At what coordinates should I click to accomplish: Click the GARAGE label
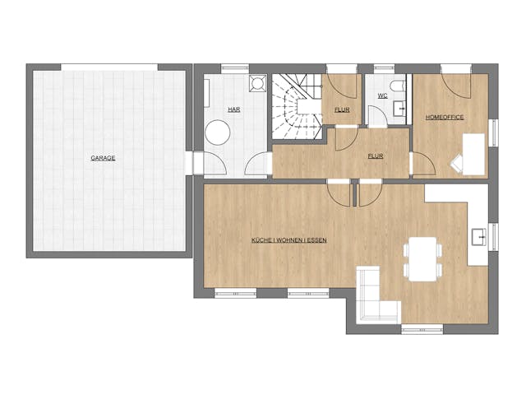(103, 157)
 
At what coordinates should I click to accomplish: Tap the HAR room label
(234, 109)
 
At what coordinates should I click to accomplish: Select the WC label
(382, 96)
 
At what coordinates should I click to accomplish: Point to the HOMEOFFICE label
(445, 117)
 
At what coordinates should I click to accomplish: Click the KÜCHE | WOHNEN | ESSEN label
(289, 240)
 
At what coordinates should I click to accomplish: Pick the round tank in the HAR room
(218, 132)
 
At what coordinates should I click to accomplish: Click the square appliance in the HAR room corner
(257, 83)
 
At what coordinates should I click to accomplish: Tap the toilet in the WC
(398, 86)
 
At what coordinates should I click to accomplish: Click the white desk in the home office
(473, 153)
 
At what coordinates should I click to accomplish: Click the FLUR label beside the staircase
(343, 109)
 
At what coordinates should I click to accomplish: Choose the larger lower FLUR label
(376, 155)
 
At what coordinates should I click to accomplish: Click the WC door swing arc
(376, 116)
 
